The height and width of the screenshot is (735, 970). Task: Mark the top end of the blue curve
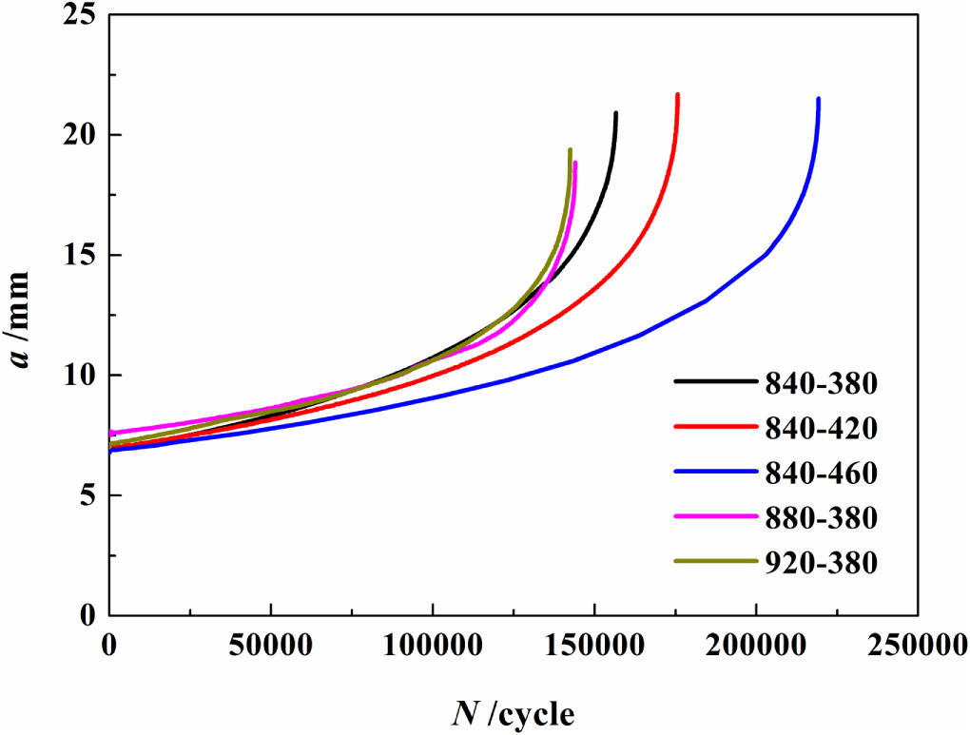pyautogui.click(x=818, y=99)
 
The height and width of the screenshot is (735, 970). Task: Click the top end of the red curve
pyautogui.click(x=677, y=94)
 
